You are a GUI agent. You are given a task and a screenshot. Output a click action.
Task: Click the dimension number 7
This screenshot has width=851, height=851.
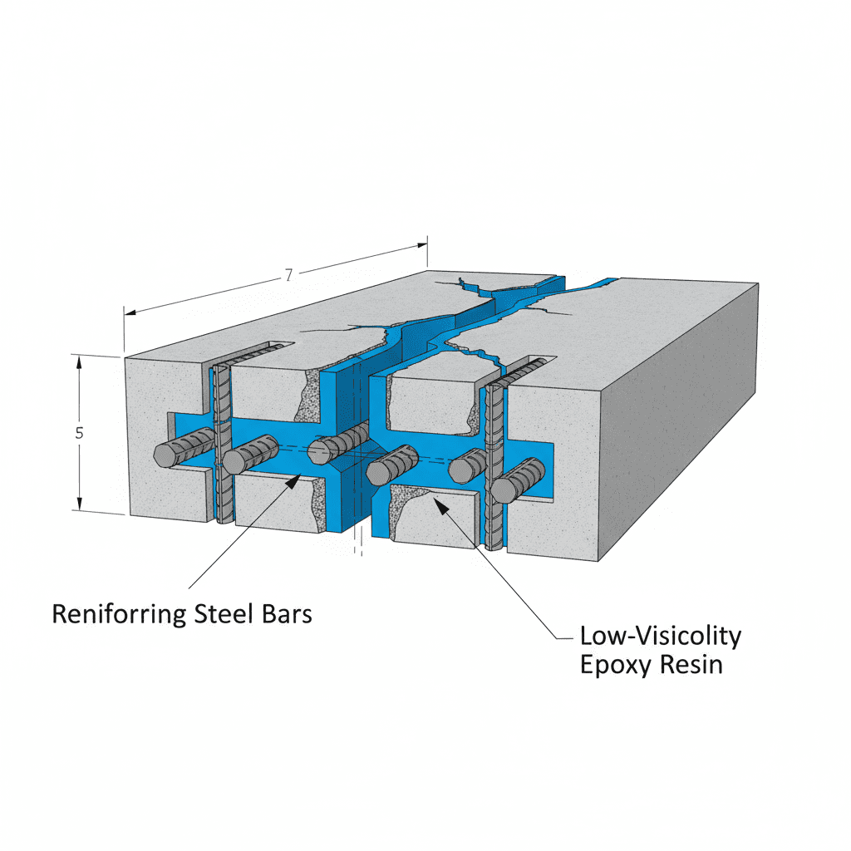[288, 275]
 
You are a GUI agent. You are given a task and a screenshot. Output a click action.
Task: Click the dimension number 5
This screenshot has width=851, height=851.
[78, 433]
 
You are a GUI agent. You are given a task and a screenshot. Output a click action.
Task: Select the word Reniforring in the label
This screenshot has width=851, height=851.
[120, 615]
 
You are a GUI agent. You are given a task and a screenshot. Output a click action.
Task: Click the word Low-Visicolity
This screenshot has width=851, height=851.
[660, 637]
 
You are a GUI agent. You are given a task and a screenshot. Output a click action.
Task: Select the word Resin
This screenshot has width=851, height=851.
[689, 665]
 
